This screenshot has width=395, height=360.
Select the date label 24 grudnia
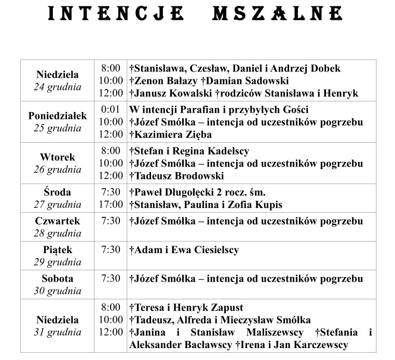58,87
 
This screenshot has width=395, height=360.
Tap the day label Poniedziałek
58,116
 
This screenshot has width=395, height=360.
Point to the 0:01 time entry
111,110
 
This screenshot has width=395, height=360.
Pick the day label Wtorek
58,157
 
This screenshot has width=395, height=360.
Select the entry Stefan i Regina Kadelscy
190,151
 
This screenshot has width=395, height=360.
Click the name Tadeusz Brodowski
180,176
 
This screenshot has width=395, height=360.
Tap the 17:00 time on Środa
111,204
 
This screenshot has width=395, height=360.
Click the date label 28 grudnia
58,233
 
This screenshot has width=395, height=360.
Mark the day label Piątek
58,250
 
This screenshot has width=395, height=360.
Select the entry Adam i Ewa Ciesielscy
185,250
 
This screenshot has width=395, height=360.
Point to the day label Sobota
58,279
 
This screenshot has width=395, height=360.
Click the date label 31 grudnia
58,332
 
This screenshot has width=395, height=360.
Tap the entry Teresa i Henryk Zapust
187,308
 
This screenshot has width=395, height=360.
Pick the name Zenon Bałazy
166,81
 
